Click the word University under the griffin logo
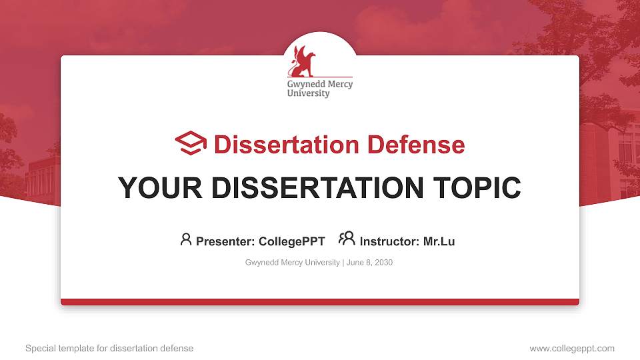click(x=308, y=94)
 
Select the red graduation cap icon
click(x=191, y=143)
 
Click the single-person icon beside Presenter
click(x=186, y=239)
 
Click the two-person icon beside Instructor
click(x=347, y=239)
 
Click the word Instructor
click(x=389, y=241)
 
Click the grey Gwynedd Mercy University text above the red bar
click(x=293, y=263)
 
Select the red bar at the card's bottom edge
click(x=320, y=302)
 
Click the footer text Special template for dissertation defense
click(x=109, y=348)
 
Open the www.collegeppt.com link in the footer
click(x=572, y=348)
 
